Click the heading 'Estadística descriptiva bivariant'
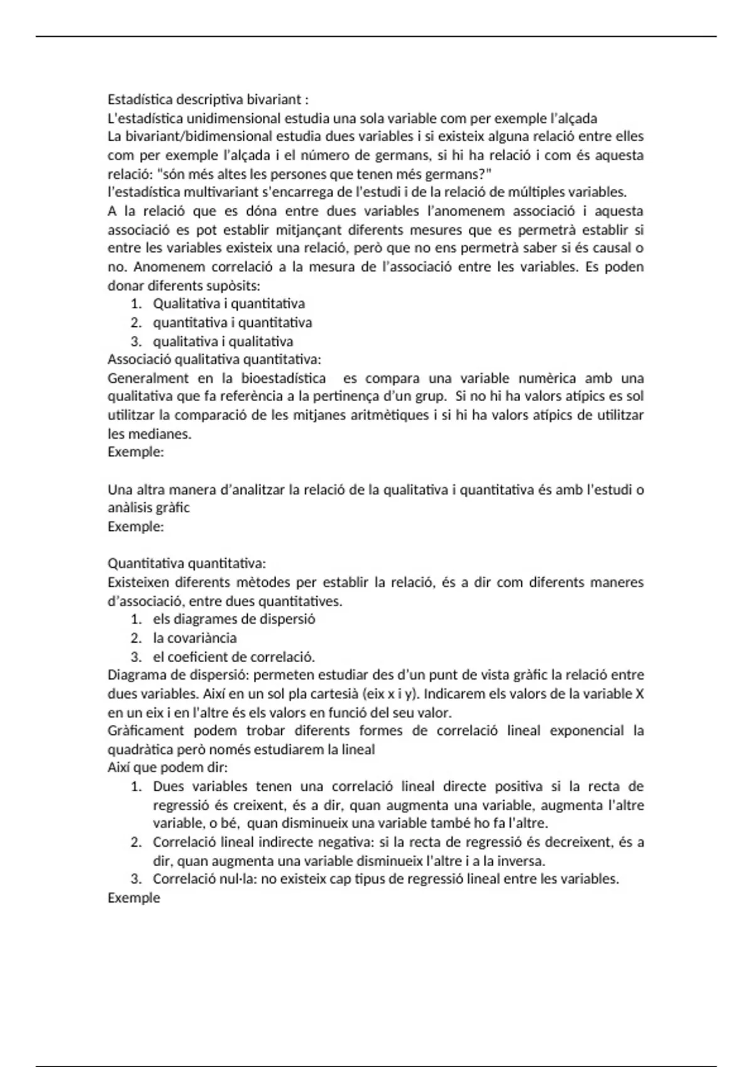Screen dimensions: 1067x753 208,100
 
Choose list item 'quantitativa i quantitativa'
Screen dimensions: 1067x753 232,323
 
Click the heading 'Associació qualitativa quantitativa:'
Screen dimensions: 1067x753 214,360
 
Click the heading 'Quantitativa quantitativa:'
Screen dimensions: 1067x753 186,564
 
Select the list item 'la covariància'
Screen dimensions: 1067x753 195,638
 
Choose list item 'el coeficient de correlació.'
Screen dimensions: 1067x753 233,657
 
